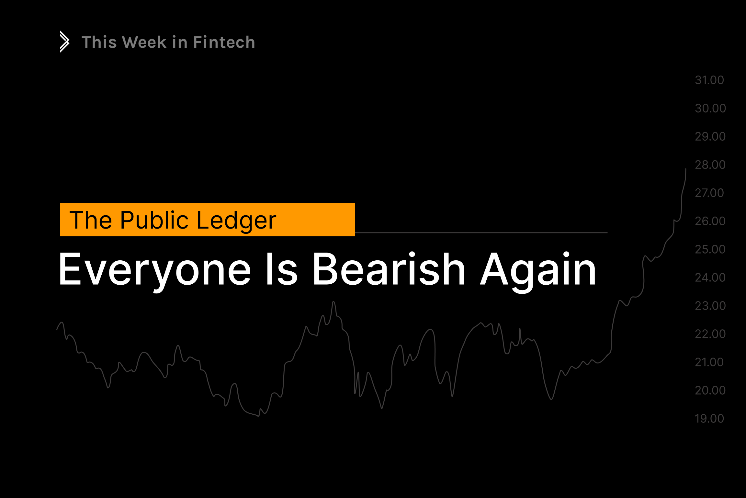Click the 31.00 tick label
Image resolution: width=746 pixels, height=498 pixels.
click(x=709, y=80)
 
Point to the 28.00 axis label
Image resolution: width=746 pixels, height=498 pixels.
click(x=710, y=165)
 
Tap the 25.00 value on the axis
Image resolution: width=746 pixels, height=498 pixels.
click(x=710, y=249)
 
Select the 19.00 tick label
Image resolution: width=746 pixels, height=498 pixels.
click(x=709, y=419)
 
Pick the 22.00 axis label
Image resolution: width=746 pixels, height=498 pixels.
click(x=710, y=334)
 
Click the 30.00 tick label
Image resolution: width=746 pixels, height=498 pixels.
click(x=710, y=108)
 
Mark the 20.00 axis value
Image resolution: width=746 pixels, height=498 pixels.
click(x=710, y=390)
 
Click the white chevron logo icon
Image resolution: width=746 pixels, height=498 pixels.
click(x=65, y=41)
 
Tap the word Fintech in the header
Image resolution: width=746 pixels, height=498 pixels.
click(x=224, y=42)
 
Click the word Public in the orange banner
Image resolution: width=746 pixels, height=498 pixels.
click(x=154, y=220)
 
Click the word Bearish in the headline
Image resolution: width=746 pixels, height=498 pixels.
click(x=389, y=269)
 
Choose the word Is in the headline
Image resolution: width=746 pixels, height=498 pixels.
click(x=281, y=269)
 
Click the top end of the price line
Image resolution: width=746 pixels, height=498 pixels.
click(x=686, y=169)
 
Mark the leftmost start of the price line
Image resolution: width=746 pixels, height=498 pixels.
click(x=57, y=329)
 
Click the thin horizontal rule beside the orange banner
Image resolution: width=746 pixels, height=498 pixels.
click(x=481, y=232)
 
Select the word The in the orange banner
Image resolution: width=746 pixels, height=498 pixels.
click(x=91, y=220)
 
